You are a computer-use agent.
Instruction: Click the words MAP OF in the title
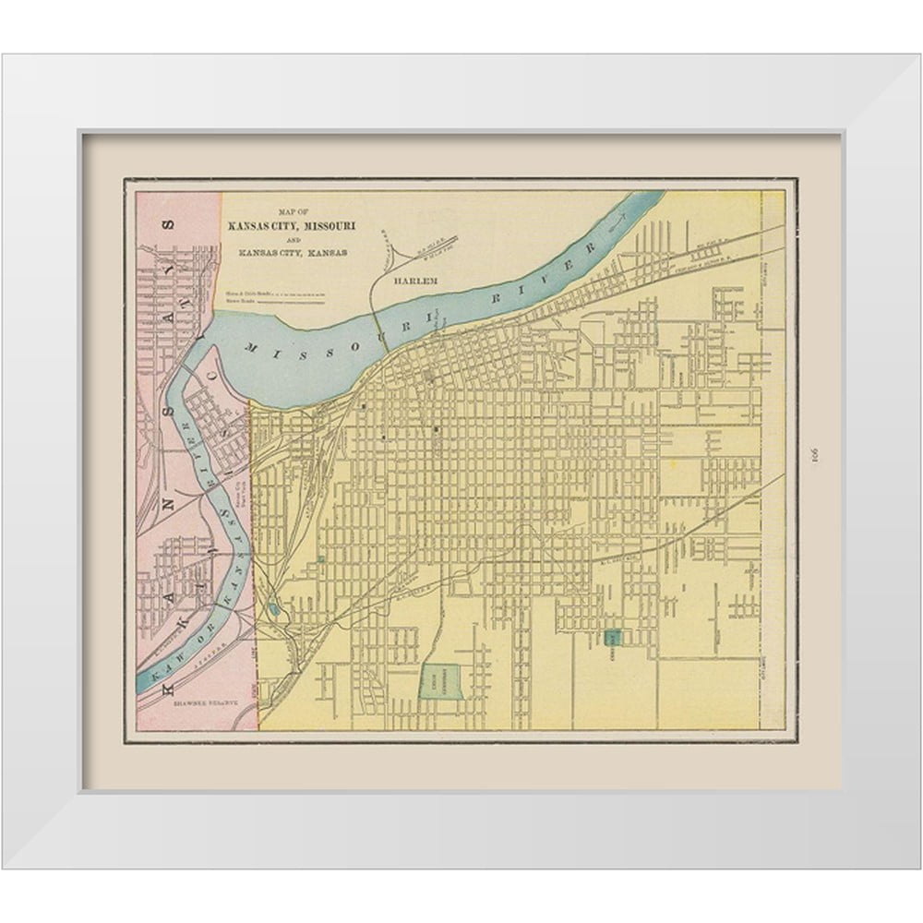[288, 210]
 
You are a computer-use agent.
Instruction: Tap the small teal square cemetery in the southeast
[612, 636]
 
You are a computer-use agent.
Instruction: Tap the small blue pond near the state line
[275, 609]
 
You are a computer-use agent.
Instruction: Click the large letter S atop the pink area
[169, 225]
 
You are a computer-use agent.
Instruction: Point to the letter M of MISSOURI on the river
[252, 346]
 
